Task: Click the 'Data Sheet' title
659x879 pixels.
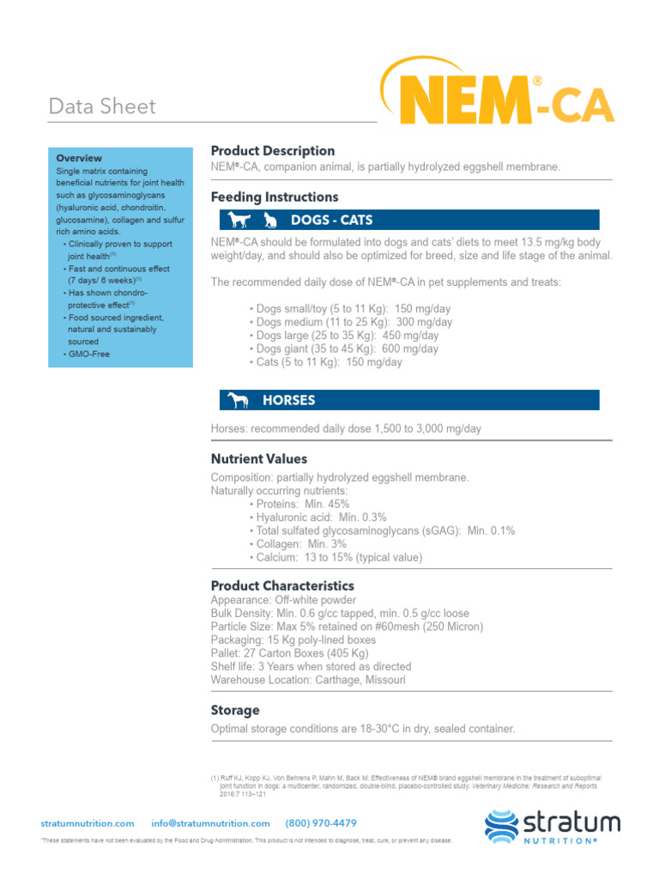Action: pos(103,106)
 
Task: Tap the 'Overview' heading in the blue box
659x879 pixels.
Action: pos(79,158)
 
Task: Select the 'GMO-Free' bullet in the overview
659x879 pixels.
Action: pos(89,354)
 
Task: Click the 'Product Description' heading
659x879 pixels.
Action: pos(273,151)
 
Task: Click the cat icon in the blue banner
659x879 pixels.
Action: pos(269,221)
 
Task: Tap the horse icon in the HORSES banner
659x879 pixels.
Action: pos(239,400)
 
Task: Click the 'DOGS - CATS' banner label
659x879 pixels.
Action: pos(331,220)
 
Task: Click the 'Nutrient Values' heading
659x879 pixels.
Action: pos(259,459)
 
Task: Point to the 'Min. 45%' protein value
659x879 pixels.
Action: pos(327,504)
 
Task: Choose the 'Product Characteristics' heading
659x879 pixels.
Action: pos(282,585)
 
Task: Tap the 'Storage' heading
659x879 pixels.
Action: pos(235,711)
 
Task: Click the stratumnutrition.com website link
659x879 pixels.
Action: pos(88,823)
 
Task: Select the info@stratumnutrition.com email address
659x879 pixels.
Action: pos(210,823)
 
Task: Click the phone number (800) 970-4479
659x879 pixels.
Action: pos(321,823)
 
